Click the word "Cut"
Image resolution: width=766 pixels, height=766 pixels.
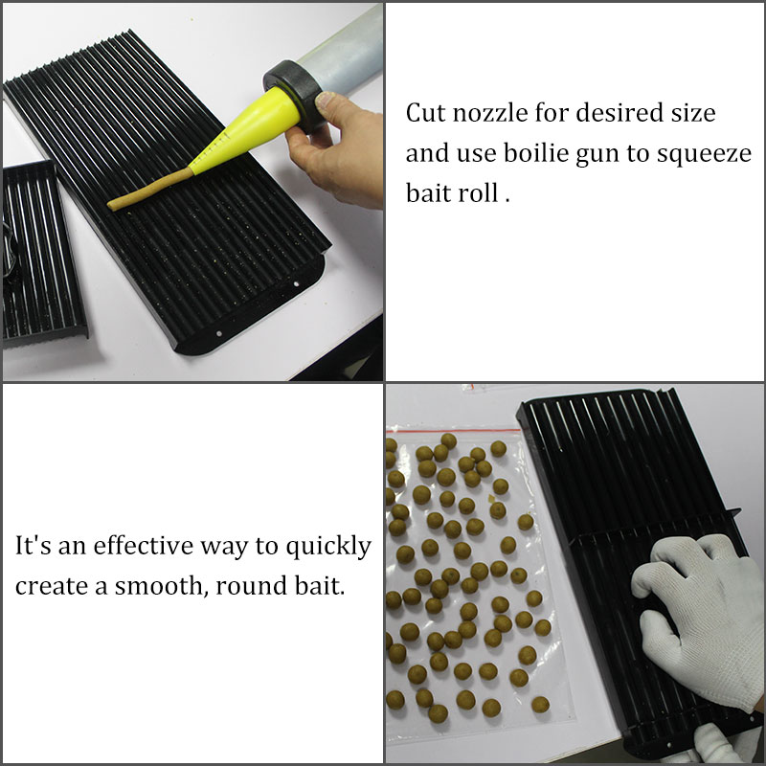[x=426, y=113]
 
